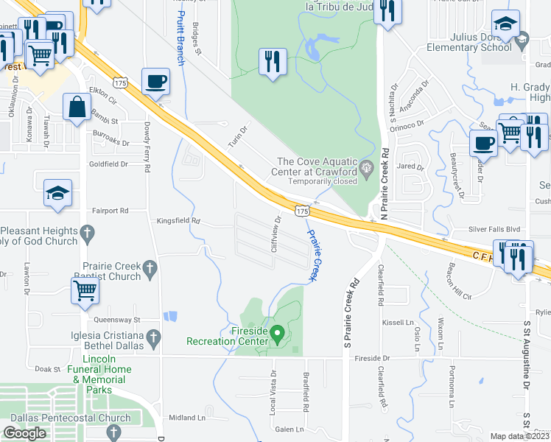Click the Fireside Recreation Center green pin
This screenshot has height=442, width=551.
(x=278, y=335)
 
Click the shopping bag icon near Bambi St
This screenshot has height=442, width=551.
(x=77, y=107)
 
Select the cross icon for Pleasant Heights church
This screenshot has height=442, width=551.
(x=87, y=235)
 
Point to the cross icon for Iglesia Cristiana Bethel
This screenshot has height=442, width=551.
(x=153, y=338)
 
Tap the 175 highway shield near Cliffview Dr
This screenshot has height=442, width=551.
(x=301, y=211)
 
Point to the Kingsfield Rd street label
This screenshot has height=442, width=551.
(x=178, y=220)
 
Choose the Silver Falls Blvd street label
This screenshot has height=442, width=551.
(x=494, y=229)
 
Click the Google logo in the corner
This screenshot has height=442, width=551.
(x=24, y=433)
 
